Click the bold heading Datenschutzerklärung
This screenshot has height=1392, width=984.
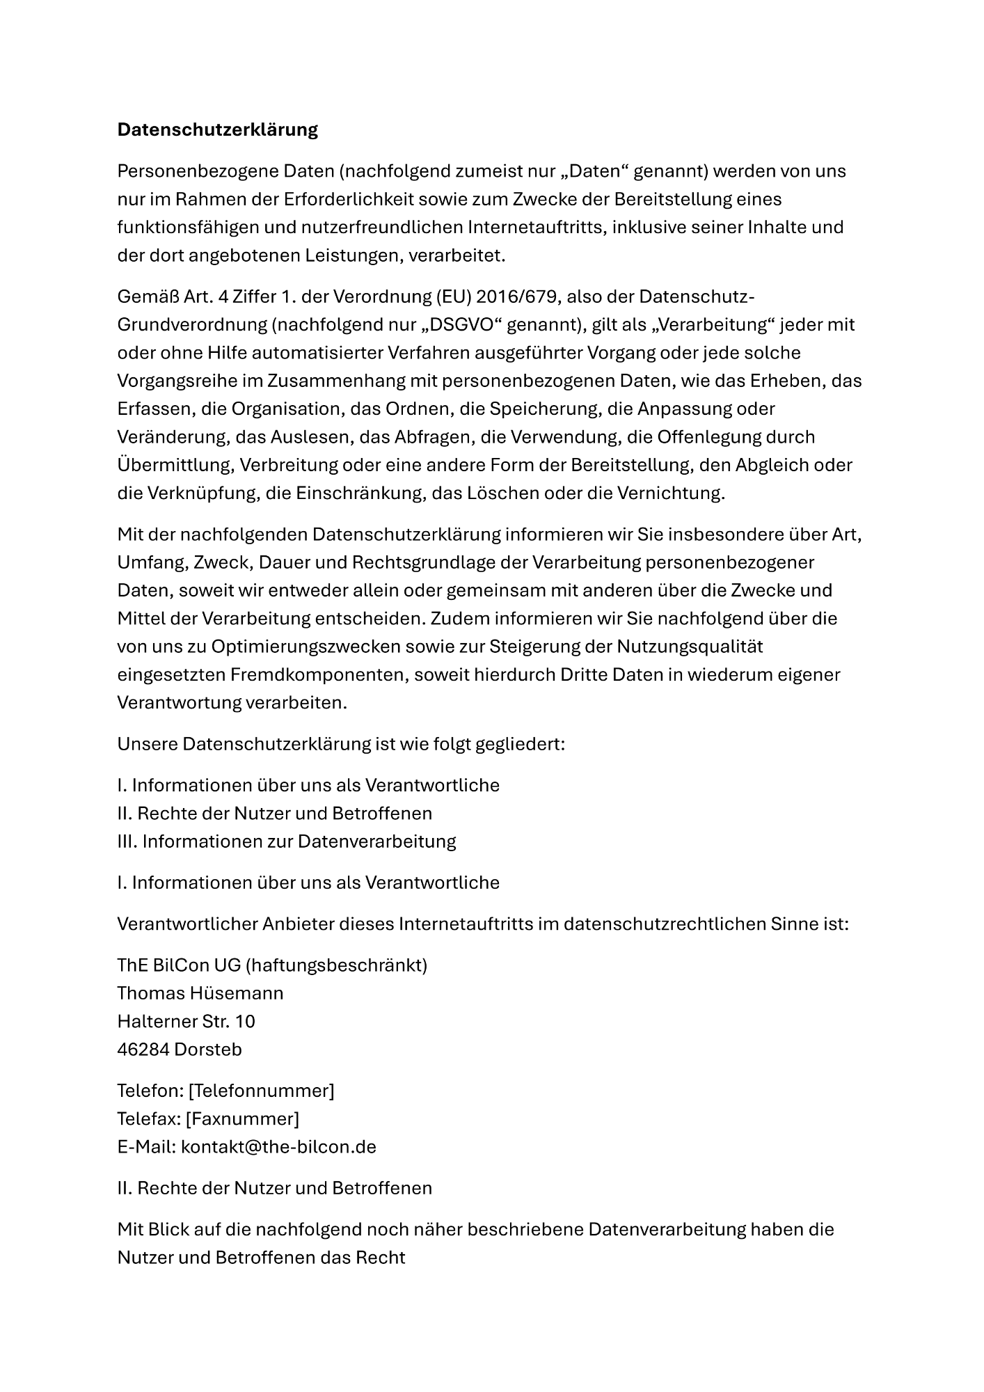point(217,129)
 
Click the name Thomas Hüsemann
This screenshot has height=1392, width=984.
point(200,992)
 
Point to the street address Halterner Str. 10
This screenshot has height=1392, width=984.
point(186,1021)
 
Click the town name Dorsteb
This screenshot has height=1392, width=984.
point(208,1049)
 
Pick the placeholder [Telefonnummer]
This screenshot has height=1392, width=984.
point(261,1091)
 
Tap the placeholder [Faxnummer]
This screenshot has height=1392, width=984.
point(243,1118)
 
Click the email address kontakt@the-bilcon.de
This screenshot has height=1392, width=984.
point(278,1146)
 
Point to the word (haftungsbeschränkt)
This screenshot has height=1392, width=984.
point(337,965)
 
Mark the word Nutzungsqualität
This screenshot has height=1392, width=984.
point(690,647)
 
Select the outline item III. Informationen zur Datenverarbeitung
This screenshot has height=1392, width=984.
point(287,841)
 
